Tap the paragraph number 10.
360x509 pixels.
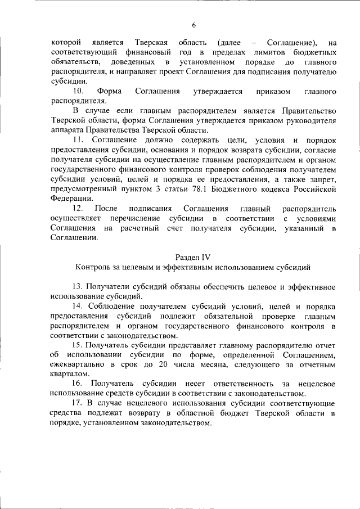79,91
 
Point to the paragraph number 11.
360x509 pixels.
79,139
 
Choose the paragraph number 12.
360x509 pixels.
79,208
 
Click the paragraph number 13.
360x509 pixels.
78,287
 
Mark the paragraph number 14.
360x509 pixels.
78,307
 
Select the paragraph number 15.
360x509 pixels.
78,346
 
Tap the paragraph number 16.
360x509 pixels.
78,384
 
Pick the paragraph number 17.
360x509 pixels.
78,404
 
